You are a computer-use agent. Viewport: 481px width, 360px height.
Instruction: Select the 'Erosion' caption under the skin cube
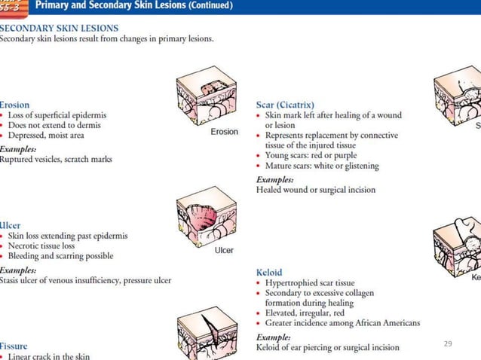pos(224,132)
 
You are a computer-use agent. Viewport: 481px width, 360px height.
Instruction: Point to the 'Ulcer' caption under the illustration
pos(224,250)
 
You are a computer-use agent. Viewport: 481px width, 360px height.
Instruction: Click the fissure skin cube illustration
pos(207,336)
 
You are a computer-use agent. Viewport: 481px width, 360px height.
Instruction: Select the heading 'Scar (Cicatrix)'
pos(286,104)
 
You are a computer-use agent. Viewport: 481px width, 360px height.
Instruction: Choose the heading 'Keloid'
pos(269,271)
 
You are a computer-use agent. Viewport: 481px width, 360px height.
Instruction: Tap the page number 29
pos(448,343)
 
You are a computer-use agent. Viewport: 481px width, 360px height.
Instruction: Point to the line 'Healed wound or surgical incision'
pos(316,190)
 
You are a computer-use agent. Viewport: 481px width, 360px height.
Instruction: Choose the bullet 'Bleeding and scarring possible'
pos(60,256)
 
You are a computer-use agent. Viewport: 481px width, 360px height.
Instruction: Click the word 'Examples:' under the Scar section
pos(277,179)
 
